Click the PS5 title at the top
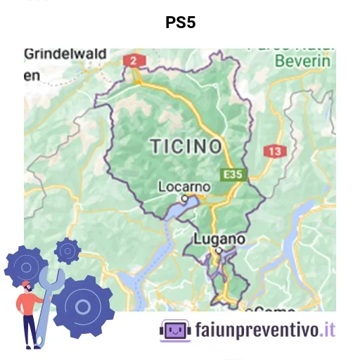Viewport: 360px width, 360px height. point(180,22)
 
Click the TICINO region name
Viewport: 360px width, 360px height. point(186,146)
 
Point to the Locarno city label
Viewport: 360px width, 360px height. point(184,187)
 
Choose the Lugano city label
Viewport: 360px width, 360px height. point(219,239)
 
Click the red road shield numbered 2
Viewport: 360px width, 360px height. point(131,60)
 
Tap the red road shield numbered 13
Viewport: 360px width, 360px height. point(274,151)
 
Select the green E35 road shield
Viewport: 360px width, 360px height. point(234,173)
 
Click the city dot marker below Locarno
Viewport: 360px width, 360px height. point(185,199)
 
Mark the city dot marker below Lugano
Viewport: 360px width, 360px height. point(219,250)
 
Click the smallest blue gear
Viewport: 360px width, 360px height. point(67,250)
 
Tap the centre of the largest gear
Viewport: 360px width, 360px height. point(83,307)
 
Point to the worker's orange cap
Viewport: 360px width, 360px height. point(27,285)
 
